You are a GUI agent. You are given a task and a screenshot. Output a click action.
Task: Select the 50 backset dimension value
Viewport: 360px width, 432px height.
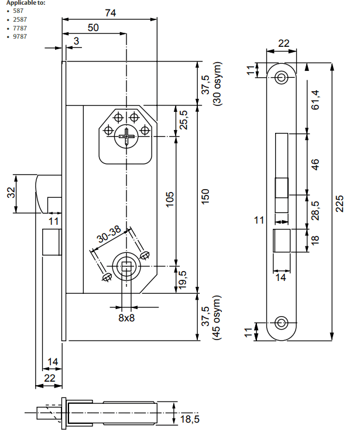pyautogui.click(x=93, y=27)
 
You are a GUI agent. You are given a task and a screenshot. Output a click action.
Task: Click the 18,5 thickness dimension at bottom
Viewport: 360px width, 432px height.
pyautogui.click(x=190, y=419)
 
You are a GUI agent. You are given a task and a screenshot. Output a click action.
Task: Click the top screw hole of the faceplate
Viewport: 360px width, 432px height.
pyautogui.click(x=283, y=77)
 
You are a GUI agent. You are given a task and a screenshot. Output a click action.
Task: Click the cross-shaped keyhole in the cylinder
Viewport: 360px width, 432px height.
pyautogui.click(x=126, y=138)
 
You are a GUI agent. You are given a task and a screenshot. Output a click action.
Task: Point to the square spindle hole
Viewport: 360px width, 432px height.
pyautogui.click(x=126, y=268)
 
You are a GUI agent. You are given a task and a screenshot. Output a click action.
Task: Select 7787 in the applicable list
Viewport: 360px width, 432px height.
pyautogui.click(x=19, y=28)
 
